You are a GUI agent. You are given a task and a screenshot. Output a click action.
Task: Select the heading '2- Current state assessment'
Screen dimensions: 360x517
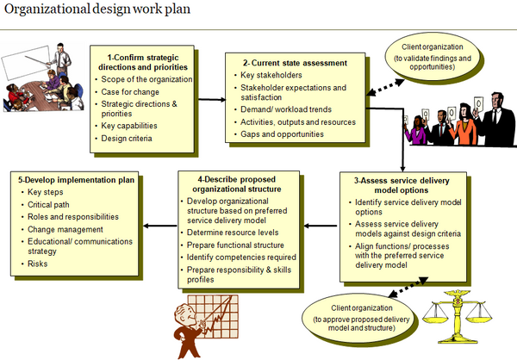pyautogui.click(x=287, y=63)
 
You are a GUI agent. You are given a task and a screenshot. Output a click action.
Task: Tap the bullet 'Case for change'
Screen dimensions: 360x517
pyautogui.click(x=129, y=92)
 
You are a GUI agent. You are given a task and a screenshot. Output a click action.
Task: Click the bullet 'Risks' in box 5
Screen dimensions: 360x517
pyautogui.click(x=40, y=264)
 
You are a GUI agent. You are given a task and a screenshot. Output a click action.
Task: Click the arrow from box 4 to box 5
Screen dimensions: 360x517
pyautogui.click(x=160, y=227)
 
